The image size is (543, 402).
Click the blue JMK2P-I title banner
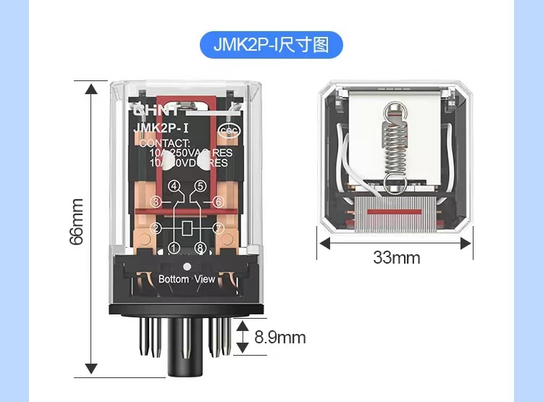click(x=271, y=44)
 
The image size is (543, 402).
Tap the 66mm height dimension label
click(x=76, y=221)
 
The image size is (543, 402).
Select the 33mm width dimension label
click(x=396, y=257)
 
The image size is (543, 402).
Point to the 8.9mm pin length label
click(x=280, y=338)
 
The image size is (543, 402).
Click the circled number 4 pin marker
click(x=174, y=187)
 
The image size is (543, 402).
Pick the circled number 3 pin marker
click(x=155, y=202)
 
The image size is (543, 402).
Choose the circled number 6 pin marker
click(x=219, y=202)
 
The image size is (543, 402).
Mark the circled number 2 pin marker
click(x=155, y=229)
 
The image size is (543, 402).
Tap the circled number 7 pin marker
click(x=219, y=229)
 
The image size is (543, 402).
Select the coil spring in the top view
click(x=393, y=145)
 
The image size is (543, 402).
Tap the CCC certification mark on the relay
click(x=230, y=131)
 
